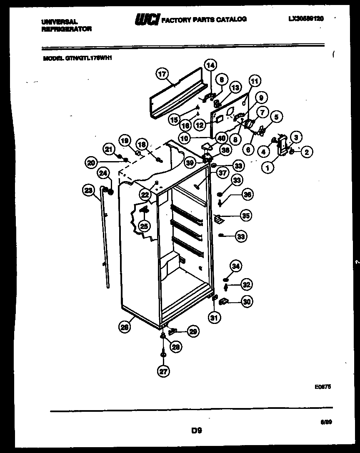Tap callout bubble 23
coord(88,191)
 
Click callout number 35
coord(247,216)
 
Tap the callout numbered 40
coord(221,138)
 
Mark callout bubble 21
coord(109,149)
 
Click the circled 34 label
coord(236,266)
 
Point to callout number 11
coord(254,81)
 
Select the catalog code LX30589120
coord(306,19)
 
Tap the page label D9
coord(197,431)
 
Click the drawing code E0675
coord(323,387)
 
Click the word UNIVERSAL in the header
coord(60,21)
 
